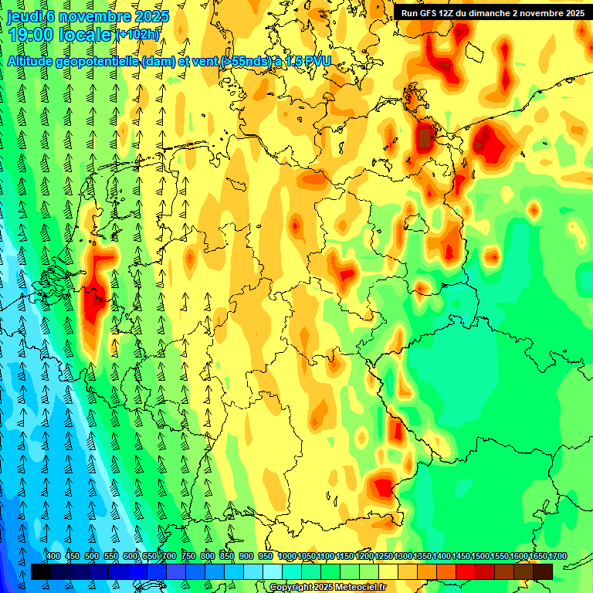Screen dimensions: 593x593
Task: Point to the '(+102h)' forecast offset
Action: point(138,35)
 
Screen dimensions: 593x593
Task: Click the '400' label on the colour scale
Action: point(53,556)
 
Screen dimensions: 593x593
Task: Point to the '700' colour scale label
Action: point(169,556)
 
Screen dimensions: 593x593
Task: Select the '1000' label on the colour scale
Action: point(286,556)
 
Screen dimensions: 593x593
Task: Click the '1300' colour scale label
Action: point(402,556)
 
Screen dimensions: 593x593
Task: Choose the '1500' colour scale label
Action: point(480,556)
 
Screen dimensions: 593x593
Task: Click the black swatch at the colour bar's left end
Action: point(41,571)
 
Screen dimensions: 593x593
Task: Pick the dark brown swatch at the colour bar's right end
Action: point(543,571)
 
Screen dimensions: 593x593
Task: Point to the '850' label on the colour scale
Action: point(227,556)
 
